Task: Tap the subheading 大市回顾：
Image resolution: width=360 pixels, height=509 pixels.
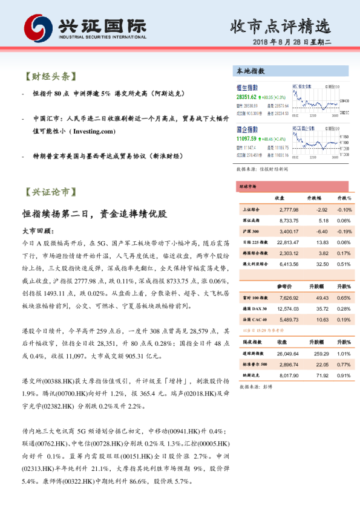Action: tap(38, 232)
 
